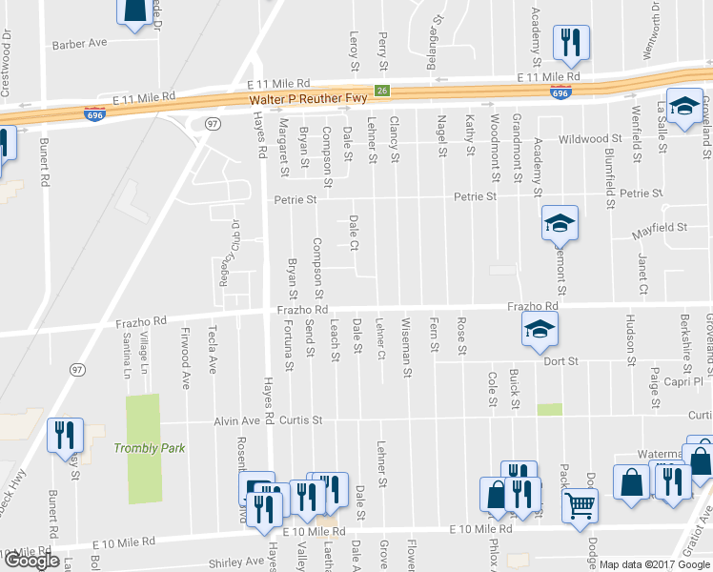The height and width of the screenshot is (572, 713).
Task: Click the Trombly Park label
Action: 147,448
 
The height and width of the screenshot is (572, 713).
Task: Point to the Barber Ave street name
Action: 81,44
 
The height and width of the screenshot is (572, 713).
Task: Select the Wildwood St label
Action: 590,139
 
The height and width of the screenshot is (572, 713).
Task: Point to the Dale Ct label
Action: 354,232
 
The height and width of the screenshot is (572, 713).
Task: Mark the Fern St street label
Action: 434,334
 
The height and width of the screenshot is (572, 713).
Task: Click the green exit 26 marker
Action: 381,91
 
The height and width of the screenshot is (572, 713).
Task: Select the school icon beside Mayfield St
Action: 560,224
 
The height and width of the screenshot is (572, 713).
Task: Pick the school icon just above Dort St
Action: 540,330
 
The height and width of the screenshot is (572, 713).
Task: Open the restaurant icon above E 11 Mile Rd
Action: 570,41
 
